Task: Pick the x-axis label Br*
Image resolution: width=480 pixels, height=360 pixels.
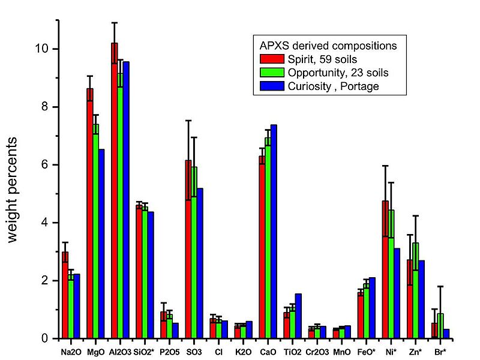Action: [x=441, y=349]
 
